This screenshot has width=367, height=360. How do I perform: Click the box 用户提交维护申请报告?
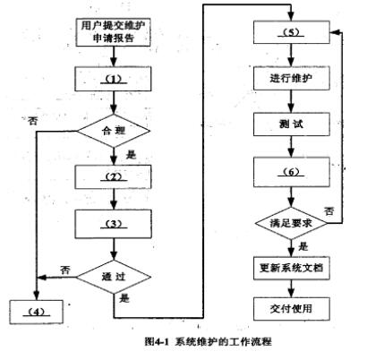pos(113,32)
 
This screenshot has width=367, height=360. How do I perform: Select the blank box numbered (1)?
pos(113,79)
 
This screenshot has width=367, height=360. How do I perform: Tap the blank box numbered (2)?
pos(113,176)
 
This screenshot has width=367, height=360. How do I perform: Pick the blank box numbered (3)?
pos(113,224)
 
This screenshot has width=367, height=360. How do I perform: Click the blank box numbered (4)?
pos(37,312)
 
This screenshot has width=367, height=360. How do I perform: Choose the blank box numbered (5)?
pos(292,32)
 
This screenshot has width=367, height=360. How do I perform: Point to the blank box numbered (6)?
pos(292,172)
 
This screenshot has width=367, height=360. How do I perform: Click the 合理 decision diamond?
pos(113,131)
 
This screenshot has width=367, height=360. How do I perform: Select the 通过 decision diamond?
pos(114,277)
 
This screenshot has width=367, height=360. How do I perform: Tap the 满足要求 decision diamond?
pos(291,223)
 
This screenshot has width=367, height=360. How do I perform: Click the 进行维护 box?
pos(292,78)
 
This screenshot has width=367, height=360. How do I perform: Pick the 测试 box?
pos(292,124)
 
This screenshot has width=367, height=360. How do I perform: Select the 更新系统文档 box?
pos(292,268)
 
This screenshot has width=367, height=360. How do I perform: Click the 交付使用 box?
pos(292,309)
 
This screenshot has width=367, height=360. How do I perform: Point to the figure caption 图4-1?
pos(157,341)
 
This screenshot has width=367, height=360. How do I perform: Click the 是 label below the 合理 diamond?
pos(131,155)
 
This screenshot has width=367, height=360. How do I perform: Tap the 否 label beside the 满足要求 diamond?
pos(329,211)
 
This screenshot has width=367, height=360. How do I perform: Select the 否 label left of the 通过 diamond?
pos(65,270)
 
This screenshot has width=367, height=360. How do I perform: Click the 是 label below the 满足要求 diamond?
pos(303,247)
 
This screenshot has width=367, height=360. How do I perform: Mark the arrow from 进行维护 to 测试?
pos(291,101)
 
